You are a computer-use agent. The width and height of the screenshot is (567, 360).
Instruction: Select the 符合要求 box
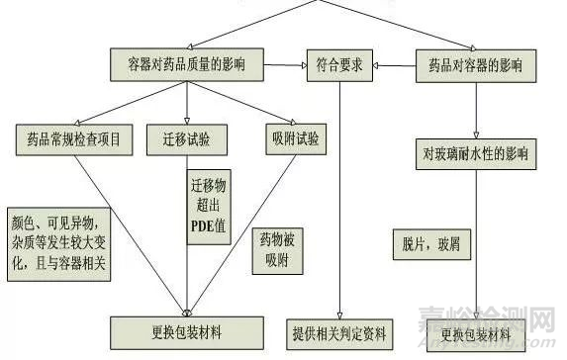339,65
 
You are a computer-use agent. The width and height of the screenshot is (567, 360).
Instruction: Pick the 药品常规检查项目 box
74,137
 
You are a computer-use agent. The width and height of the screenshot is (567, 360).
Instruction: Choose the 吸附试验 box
293,137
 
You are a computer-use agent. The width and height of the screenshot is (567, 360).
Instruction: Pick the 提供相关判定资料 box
339,332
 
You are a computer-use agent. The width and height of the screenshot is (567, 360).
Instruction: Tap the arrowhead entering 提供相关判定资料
339,312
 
